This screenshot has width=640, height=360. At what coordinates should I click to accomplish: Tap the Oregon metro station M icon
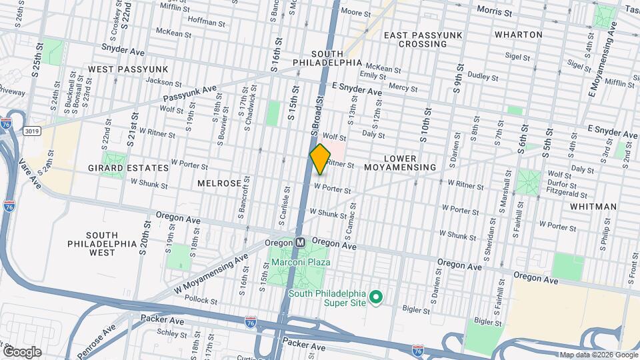pyautogui.click(x=301, y=243)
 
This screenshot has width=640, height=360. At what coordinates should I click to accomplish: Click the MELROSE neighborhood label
pyautogui.click(x=219, y=183)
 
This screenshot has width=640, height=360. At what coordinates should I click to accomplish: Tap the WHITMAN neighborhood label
pyautogui.click(x=593, y=207)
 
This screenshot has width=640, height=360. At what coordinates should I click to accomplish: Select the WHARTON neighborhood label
pyautogui.click(x=518, y=34)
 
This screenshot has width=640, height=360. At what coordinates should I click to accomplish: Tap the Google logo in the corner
pyautogui.click(x=21, y=351)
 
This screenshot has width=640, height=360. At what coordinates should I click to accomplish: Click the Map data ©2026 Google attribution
pyautogui.click(x=597, y=354)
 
